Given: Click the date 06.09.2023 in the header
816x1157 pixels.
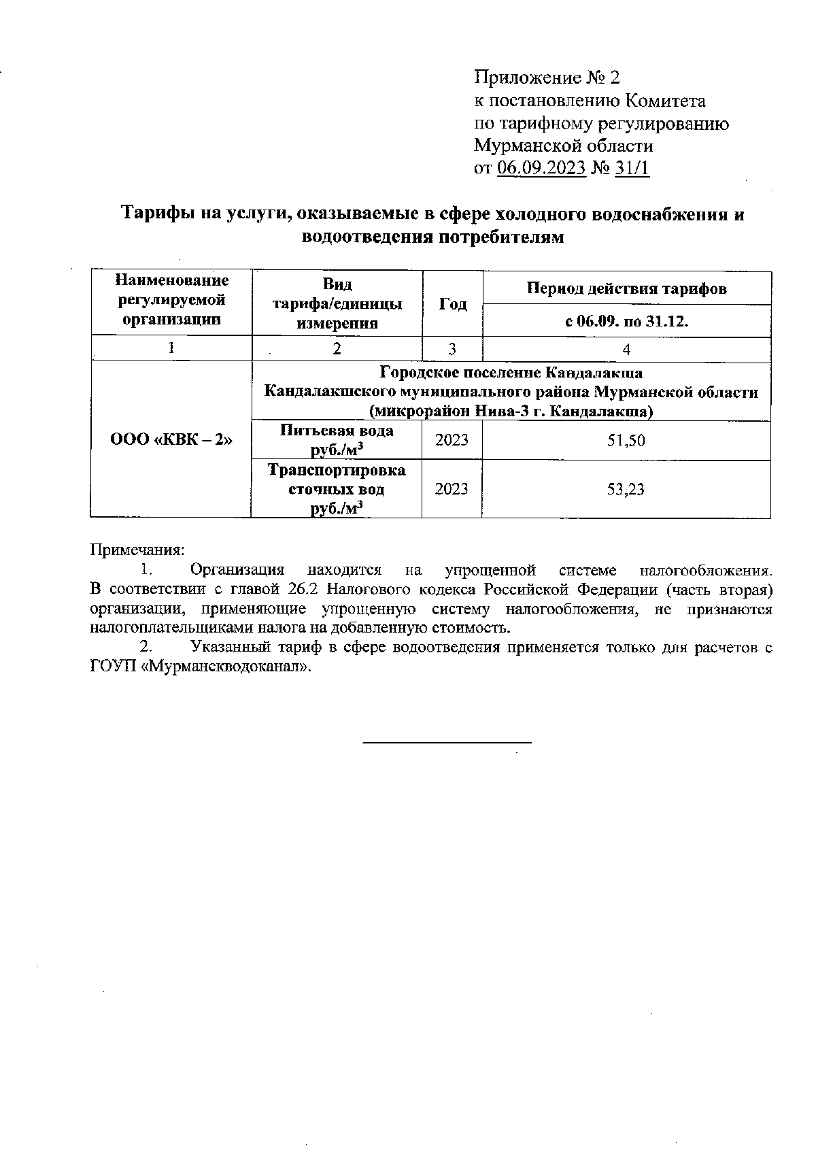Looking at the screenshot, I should click(541, 168).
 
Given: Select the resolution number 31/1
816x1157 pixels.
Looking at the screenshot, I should click(632, 168).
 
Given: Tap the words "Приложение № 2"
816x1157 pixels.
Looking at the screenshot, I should click(547, 78).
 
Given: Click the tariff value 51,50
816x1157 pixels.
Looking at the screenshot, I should click(626, 441).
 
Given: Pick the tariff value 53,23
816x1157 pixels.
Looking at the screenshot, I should click(626, 489).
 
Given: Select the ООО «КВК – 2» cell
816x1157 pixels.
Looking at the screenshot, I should click(171, 440).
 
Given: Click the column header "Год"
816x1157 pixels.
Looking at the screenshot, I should click(452, 304).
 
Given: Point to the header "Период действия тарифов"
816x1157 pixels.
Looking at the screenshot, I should click(626, 288).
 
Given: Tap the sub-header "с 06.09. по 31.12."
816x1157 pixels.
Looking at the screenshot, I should click(626, 321).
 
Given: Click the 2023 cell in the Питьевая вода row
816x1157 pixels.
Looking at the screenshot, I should click(452, 440).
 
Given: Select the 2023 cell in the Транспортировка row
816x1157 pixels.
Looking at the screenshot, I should click(452, 489).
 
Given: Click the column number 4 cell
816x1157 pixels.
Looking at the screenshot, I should click(626, 350).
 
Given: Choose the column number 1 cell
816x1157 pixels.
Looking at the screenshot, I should click(171, 348).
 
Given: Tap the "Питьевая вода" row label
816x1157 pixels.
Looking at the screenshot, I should click(337, 431).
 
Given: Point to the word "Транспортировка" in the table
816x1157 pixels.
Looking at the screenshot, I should click(337, 471).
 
